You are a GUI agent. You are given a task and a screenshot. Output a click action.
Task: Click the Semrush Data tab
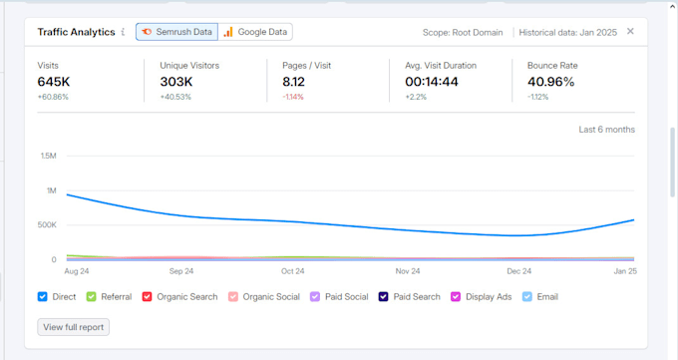(x=176, y=32)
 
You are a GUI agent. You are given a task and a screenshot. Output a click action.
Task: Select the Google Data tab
(x=255, y=32)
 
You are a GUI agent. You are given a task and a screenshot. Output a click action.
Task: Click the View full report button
(x=74, y=327)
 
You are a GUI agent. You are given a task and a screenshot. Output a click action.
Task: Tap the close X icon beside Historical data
(x=630, y=31)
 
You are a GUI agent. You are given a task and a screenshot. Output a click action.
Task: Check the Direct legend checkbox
(x=42, y=297)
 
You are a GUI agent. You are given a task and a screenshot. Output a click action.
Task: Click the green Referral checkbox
(x=91, y=297)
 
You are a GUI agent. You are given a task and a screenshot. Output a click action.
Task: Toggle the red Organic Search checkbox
(x=147, y=297)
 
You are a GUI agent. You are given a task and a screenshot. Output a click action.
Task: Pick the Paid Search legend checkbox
(x=383, y=297)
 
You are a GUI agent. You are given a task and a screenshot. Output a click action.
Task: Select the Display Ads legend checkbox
(x=456, y=297)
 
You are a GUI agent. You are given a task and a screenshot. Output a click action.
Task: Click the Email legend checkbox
(x=527, y=297)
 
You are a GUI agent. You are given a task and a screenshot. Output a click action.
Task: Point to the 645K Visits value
(x=54, y=82)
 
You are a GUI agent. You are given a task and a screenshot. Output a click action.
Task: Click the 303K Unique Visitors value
(x=176, y=82)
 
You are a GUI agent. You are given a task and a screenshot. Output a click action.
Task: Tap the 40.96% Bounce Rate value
(x=550, y=82)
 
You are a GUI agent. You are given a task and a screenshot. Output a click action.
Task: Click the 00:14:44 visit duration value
(x=432, y=82)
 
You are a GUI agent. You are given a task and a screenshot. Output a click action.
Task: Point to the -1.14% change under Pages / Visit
(x=293, y=97)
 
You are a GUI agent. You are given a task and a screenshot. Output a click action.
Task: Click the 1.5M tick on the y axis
(x=49, y=156)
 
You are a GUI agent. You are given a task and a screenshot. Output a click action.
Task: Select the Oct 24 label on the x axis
(x=293, y=271)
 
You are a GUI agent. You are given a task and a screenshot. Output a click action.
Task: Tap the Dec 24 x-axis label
(x=519, y=271)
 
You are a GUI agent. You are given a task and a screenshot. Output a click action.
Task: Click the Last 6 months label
(x=607, y=130)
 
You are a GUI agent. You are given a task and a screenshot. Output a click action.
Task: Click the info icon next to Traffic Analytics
(x=123, y=32)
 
